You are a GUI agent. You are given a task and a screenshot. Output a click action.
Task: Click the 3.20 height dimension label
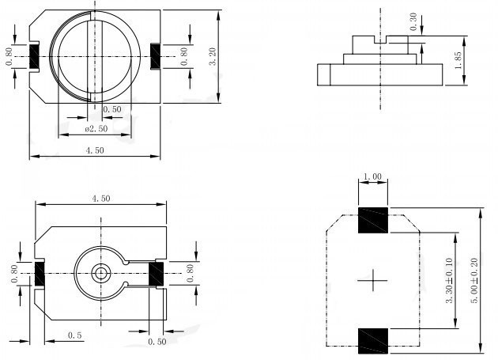212,57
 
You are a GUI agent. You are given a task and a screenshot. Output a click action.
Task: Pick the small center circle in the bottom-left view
100,274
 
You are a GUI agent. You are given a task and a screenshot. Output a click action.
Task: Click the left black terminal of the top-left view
35,56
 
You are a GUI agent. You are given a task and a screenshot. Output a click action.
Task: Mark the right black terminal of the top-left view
156,56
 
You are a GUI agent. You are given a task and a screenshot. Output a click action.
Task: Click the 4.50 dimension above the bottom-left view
100,199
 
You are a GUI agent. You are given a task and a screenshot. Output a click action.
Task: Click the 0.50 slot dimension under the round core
111,109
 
